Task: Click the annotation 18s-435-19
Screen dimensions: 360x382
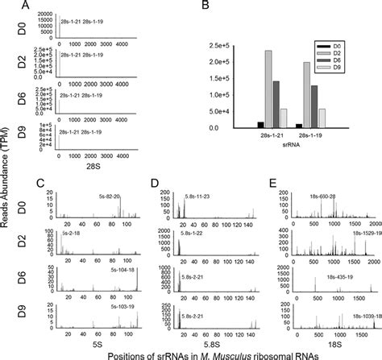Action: tap(348, 273)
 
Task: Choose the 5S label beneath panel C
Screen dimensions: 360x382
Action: tap(89, 340)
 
